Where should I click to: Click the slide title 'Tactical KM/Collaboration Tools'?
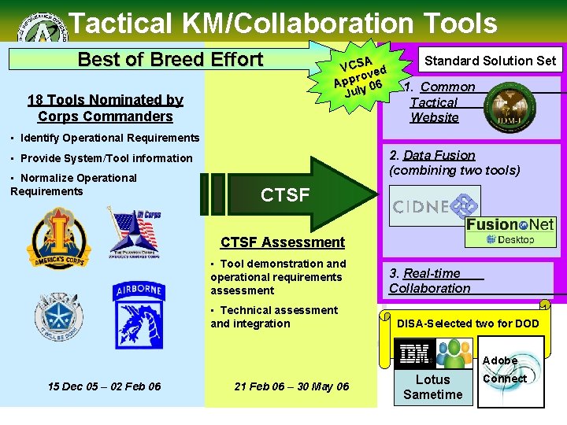(x=283, y=23)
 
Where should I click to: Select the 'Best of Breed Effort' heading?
(x=170, y=59)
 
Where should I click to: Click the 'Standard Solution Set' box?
(x=490, y=60)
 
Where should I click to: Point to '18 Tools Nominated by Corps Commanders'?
(x=105, y=108)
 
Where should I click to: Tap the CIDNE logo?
(x=435, y=206)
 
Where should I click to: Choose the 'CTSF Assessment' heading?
(x=282, y=242)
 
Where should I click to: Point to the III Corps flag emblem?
(x=135, y=231)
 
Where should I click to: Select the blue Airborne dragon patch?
(x=139, y=316)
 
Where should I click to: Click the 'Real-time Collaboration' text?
(x=431, y=281)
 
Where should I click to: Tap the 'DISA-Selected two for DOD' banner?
(x=468, y=323)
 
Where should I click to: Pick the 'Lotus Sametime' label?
(x=432, y=387)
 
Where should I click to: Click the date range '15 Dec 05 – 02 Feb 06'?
(x=104, y=386)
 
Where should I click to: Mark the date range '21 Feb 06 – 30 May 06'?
(x=291, y=386)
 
